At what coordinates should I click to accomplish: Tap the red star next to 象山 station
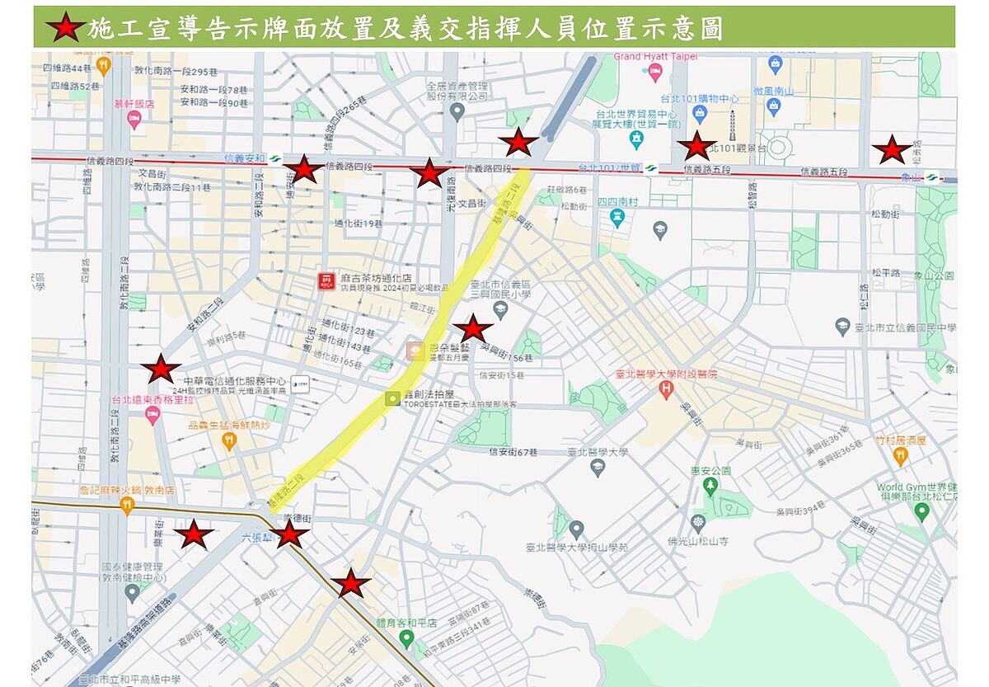[891, 151]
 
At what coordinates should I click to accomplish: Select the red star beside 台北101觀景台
[696, 146]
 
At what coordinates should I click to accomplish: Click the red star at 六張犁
[289, 534]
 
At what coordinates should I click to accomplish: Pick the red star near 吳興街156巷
[473, 329]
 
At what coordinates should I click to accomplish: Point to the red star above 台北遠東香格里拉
[161, 369]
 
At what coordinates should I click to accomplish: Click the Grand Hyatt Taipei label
[656, 57]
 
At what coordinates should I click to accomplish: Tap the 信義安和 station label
[245, 158]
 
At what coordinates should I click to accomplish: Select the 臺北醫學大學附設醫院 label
[667, 374]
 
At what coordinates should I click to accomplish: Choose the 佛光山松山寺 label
[699, 541]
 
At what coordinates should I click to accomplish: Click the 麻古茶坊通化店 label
[377, 277]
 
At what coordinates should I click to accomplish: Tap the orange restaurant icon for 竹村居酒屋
[900, 453]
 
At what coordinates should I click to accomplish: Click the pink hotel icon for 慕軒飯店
[134, 120]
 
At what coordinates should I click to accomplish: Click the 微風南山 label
[773, 89]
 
